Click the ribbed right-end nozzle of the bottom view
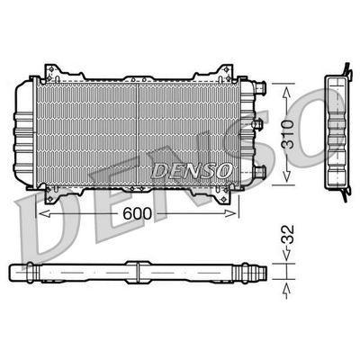point(260,269)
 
